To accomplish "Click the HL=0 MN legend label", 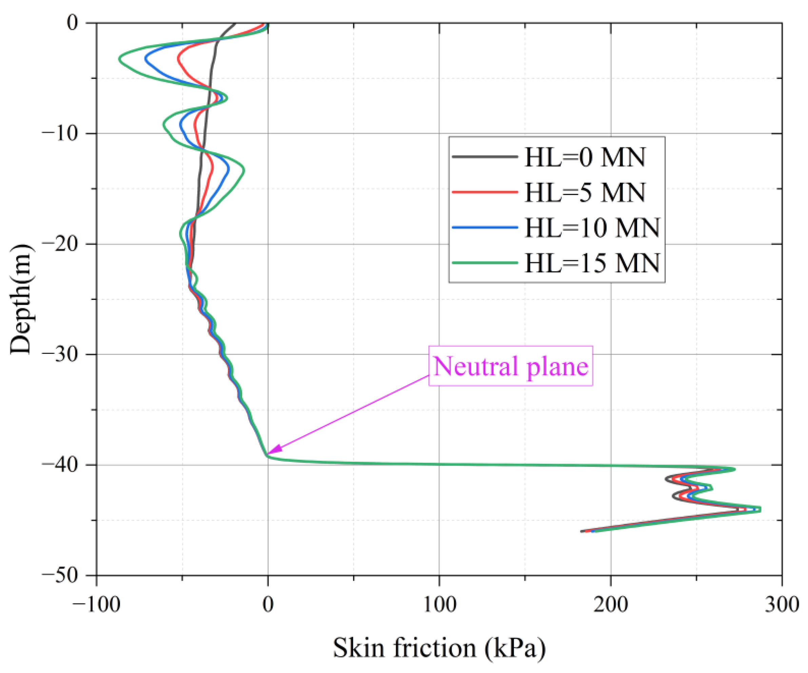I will pyautogui.click(x=585, y=157).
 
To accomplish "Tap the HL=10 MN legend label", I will pyautogui.click(x=592, y=228).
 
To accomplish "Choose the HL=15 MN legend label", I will pyautogui.click(x=592, y=263).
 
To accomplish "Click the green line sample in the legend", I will pyautogui.click(x=485, y=263).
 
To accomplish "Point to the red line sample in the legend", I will pyautogui.click(x=485, y=192).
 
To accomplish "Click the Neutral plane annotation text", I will pyautogui.click(x=511, y=366).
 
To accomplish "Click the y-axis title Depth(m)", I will pyautogui.click(x=21, y=299).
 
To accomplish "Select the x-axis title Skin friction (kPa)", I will pyautogui.click(x=439, y=648).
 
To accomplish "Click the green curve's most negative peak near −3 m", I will pyautogui.click(x=120, y=59).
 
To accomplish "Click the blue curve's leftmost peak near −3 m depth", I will pyautogui.click(x=146, y=59).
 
